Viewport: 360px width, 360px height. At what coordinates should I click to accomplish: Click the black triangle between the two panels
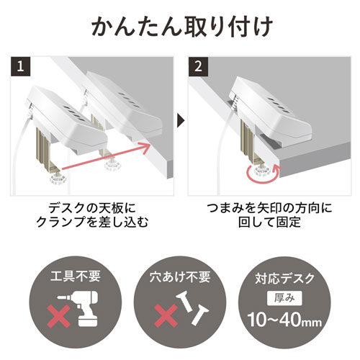[180, 117]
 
